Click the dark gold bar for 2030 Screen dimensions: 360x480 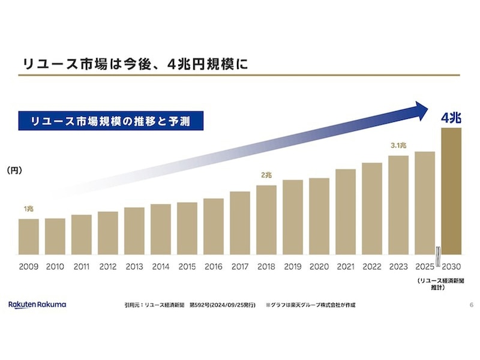point(451,191)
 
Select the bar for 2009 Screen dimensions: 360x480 point(29,236)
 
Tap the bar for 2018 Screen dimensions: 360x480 point(266,220)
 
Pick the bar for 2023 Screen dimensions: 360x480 point(398,205)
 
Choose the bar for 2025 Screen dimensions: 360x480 point(425,203)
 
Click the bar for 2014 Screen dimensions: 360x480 point(161,229)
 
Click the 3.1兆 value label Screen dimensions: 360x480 point(398,146)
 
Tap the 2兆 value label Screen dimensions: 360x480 point(266,175)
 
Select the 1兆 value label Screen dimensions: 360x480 point(29,209)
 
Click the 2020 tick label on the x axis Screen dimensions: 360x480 point(319,266)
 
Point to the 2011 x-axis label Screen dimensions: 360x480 point(82,266)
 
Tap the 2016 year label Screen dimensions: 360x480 point(214,266)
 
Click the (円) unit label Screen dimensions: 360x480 point(14,171)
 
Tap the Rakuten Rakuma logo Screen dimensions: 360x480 point(37,305)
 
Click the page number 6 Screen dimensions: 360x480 point(471,305)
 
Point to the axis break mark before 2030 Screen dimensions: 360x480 point(438,252)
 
